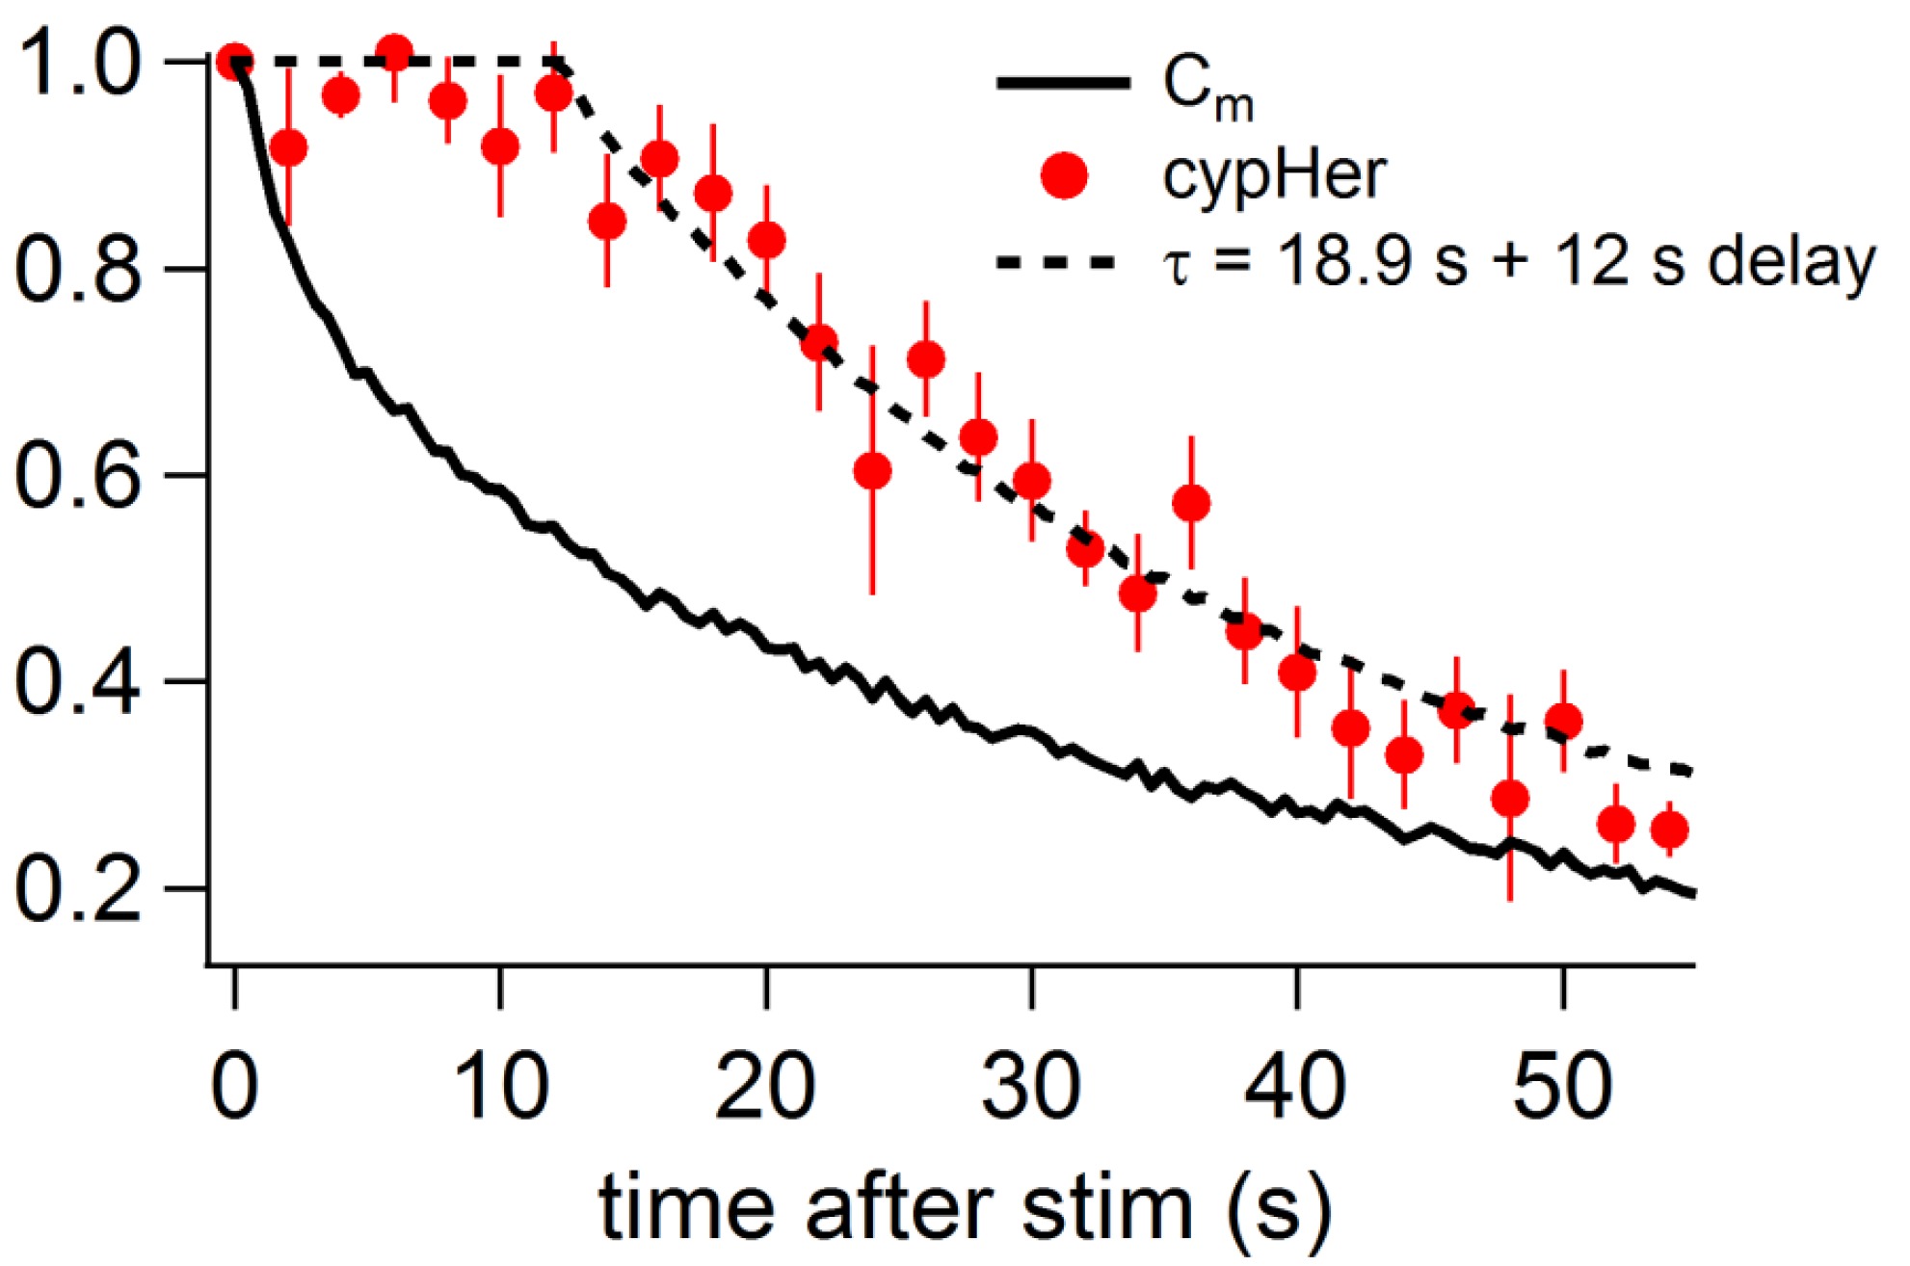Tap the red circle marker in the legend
(1064, 175)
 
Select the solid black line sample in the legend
(1063, 84)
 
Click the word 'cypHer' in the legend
(1274, 175)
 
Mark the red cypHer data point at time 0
(235, 62)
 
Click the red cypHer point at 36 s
(1192, 503)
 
